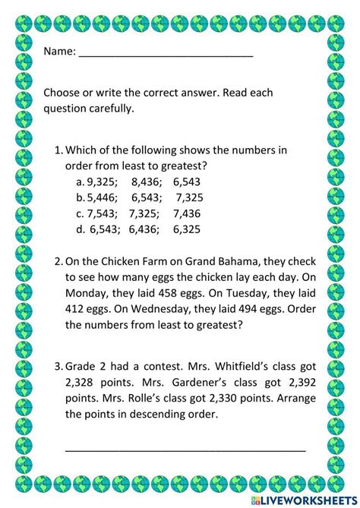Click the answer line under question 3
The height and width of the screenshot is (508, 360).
185,450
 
